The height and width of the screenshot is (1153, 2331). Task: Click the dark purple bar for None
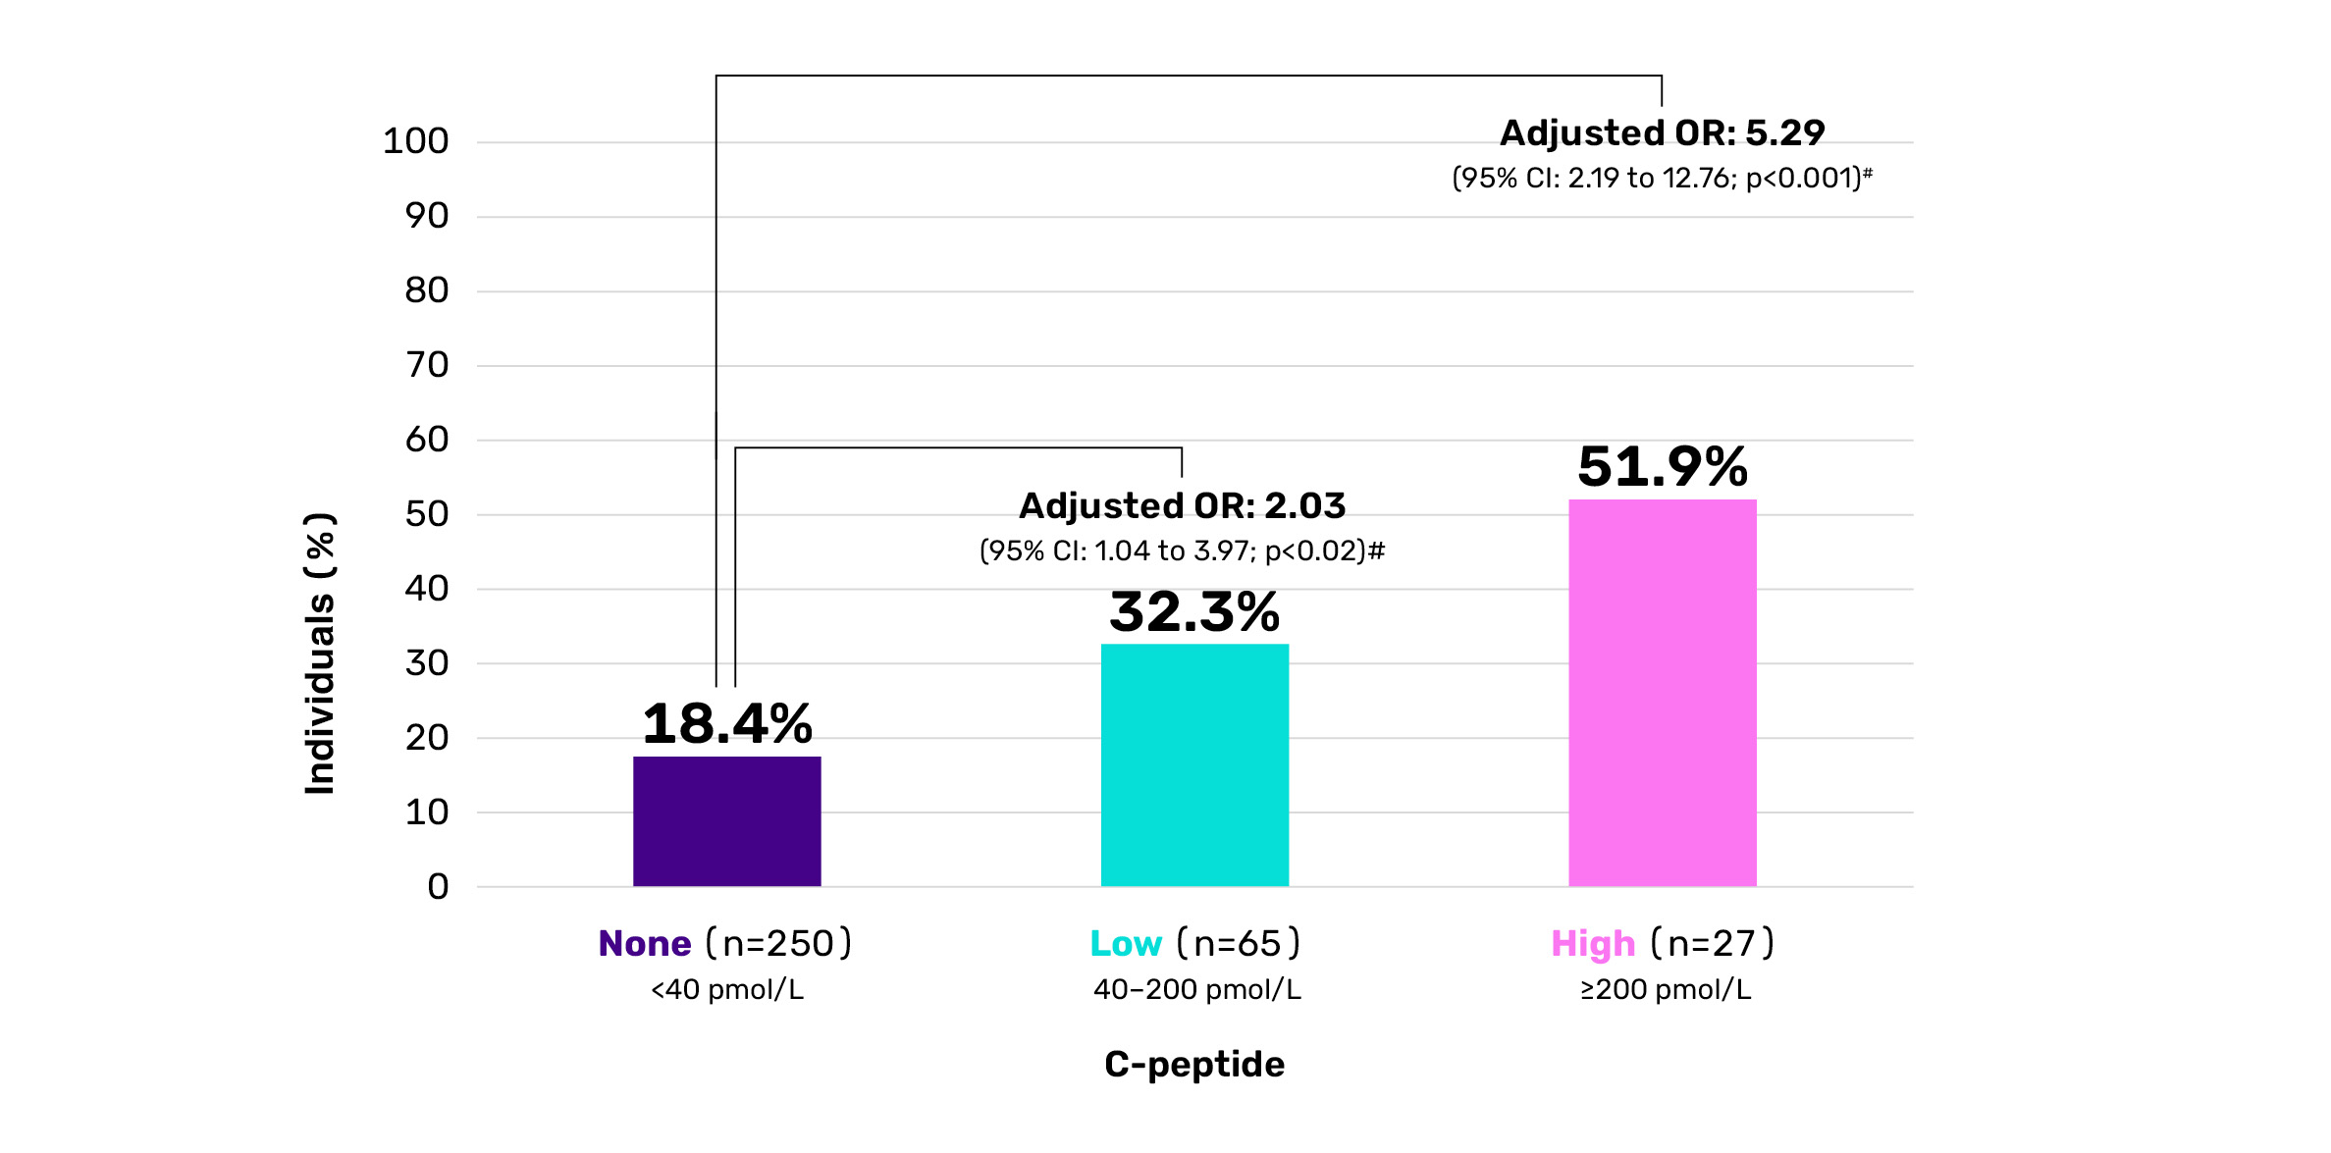pos(726,821)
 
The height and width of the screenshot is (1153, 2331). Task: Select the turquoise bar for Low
pos(1194,765)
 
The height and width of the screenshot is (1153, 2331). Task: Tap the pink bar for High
pos(1662,693)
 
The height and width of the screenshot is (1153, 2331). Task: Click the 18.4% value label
pos(726,724)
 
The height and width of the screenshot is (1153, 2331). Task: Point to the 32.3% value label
pos(1194,612)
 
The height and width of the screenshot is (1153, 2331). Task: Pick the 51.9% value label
pos(1662,467)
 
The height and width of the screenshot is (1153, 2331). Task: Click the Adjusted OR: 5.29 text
pos(1662,132)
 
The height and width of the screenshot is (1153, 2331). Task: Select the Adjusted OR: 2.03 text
pos(1182,505)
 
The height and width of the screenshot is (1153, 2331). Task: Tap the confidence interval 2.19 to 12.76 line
pos(1662,178)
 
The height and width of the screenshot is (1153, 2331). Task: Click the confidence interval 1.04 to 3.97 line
pos(1182,550)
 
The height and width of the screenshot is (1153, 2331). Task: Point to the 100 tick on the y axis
pos(415,141)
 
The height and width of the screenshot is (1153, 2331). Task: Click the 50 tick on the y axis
pos(426,514)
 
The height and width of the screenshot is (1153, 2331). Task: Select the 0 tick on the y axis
pos(438,887)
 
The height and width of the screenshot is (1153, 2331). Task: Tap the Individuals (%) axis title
pos(321,653)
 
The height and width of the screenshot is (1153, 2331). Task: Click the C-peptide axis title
pos(1194,1065)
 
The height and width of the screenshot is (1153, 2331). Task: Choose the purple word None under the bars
pos(645,944)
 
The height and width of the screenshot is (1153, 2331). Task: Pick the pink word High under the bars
pos(1592,944)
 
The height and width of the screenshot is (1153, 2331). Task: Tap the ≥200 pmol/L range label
pos(1665,989)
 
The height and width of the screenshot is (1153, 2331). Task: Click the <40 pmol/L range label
pos(726,989)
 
